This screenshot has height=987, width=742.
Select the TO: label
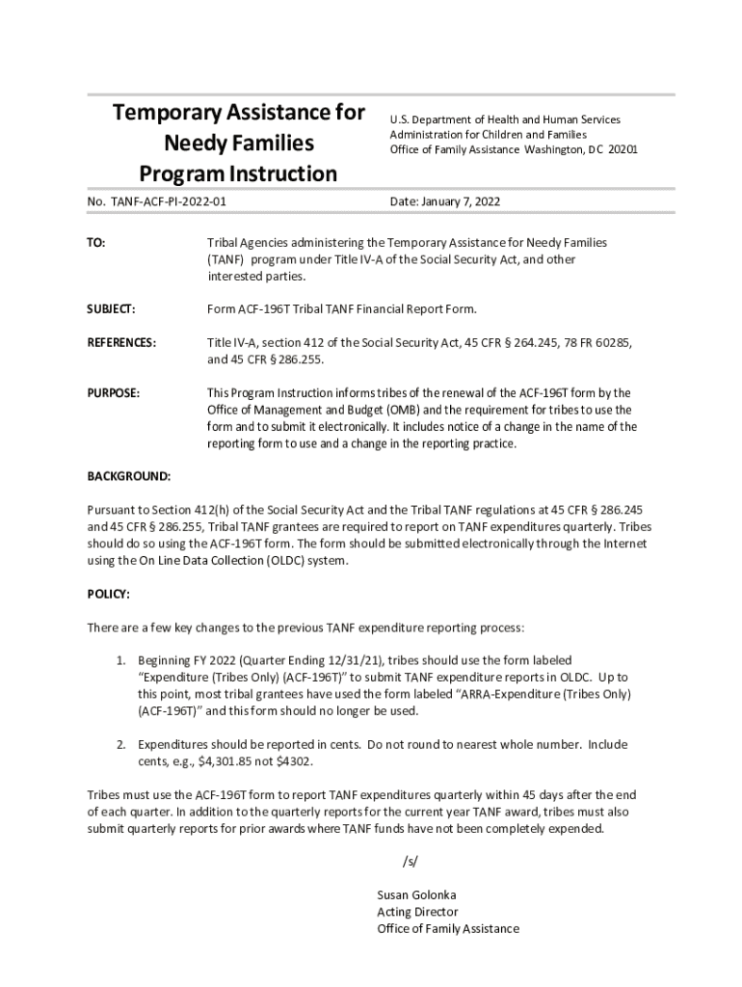click(x=96, y=244)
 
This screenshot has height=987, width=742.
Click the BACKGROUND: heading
click(x=129, y=476)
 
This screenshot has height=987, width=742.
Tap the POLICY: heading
click(x=109, y=595)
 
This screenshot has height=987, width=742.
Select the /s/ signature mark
click(x=411, y=861)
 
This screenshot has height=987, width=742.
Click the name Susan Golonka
click(x=416, y=894)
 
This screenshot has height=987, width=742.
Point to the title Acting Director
click(x=417, y=912)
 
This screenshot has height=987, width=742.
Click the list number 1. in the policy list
click(x=121, y=660)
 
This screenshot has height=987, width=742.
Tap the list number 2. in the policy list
click(x=121, y=744)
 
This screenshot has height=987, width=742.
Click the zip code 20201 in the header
click(x=623, y=150)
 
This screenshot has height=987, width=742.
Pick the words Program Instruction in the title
click(x=238, y=174)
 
